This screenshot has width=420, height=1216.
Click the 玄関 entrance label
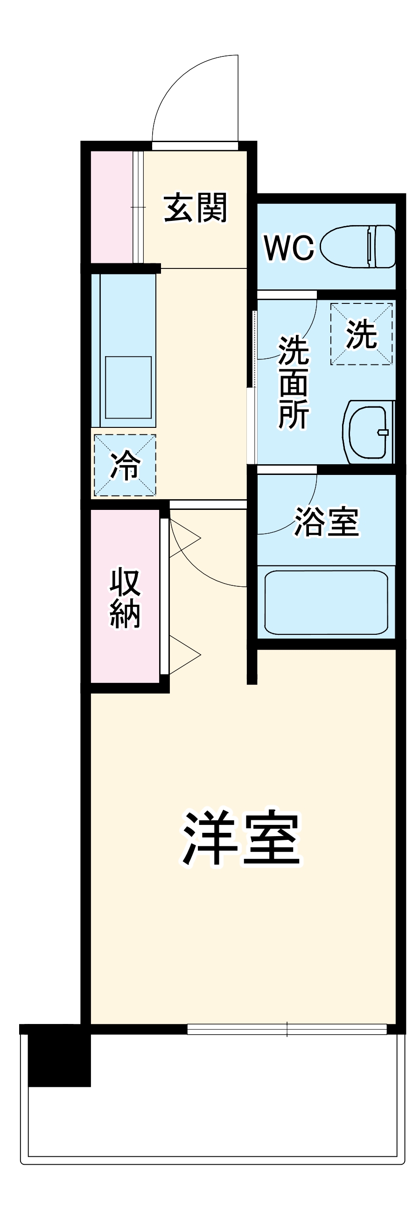pyautogui.click(x=195, y=208)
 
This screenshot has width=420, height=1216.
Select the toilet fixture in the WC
pyautogui.click(x=357, y=247)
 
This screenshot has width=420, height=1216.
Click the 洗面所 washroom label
pyautogui.click(x=294, y=382)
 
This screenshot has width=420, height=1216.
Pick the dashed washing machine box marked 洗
pyautogui.click(x=361, y=334)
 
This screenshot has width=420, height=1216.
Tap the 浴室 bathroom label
pyautogui.click(x=327, y=522)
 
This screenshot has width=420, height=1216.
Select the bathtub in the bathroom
pyautogui.click(x=326, y=602)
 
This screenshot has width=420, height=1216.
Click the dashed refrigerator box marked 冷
pyautogui.click(x=125, y=465)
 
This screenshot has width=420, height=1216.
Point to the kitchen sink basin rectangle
pyautogui.click(x=128, y=387)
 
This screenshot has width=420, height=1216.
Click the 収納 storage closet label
pyautogui.click(x=125, y=598)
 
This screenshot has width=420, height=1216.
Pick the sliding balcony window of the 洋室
pyautogui.click(x=287, y=1029)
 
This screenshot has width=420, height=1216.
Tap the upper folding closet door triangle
pyautogui.click(x=184, y=538)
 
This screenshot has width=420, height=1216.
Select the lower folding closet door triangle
pyautogui.click(x=184, y=655)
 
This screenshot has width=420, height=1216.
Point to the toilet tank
pyautogui.click(x=384, y=247)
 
